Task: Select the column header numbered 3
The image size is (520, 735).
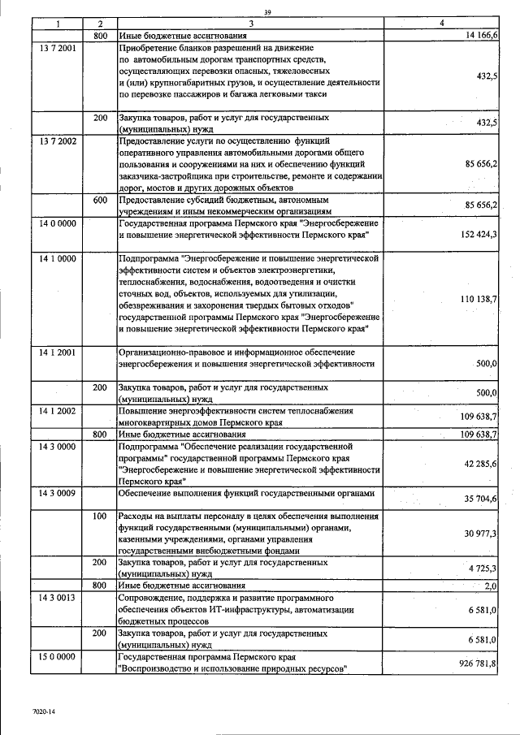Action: tap(251, 24)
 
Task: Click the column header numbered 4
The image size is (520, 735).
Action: tap(441, 24)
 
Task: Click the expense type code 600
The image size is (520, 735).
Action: tap(101, 200)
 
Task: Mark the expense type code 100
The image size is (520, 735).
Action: tap(101, 517)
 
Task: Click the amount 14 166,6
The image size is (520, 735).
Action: tap(481, 37)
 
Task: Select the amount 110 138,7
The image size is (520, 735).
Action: tap(479, 300)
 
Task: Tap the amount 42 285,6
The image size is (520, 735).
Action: tap(480, 463)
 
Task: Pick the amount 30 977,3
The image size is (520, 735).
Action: tap(480, 533)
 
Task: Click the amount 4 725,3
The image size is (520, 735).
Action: tap(482, 568)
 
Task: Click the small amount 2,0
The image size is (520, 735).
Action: tap(490, 586)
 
